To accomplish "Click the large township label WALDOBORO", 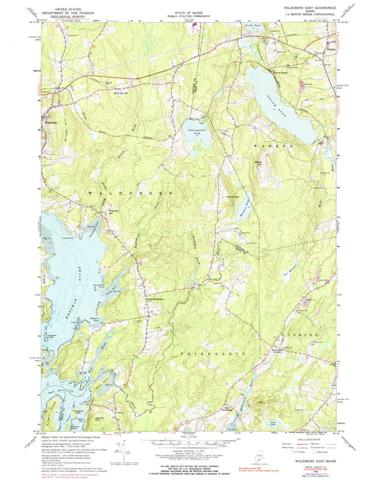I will click(x=121, y=193).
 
